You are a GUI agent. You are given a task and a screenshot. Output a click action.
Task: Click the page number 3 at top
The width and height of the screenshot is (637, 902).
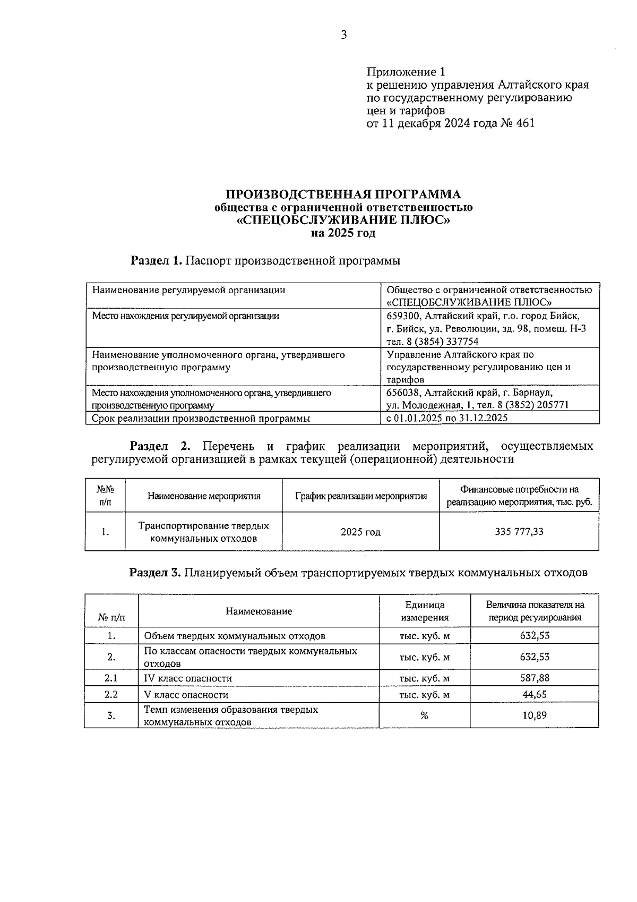[x=343, y=36]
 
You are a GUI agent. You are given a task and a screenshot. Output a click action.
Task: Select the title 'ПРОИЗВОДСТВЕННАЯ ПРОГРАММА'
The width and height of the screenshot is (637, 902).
[x=343, y=194]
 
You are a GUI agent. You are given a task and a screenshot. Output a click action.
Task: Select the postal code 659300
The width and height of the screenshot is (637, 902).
[x=403, y=316]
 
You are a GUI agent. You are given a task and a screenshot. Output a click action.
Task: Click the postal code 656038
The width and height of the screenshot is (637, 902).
[x=403, y=393]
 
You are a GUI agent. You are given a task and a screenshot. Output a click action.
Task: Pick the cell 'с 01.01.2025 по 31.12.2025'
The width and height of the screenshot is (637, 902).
[x=447, y=418]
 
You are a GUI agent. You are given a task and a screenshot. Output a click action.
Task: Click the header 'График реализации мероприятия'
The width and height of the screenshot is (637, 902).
[x=360, y=496]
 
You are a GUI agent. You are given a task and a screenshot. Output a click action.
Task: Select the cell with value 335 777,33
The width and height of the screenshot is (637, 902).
[x=519, y=532]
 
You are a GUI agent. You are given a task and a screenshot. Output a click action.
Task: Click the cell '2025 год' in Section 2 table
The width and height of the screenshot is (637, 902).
[x=360, y=532]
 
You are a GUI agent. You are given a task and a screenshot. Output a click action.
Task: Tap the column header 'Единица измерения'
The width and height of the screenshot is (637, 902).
[x=424, y=611]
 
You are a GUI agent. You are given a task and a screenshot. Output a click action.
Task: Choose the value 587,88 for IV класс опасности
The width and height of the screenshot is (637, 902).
[x=535, y=678]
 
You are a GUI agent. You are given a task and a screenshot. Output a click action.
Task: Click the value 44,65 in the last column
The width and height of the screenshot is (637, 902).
[x=535, y=694]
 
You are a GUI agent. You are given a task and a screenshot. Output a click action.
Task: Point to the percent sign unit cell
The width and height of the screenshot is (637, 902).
[x=424, y=716]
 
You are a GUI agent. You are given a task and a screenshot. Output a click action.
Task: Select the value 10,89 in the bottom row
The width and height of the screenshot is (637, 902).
[x=535, y=716]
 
